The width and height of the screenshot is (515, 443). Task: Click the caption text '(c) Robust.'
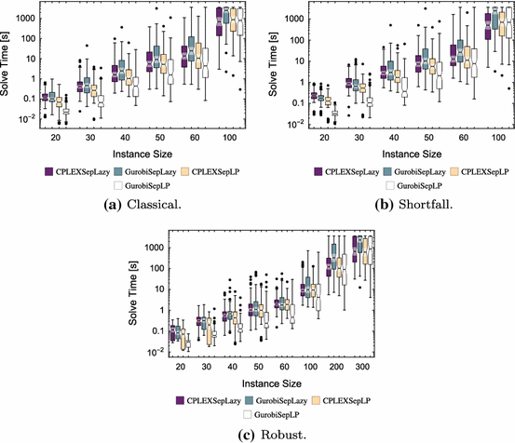tap(258, 433)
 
